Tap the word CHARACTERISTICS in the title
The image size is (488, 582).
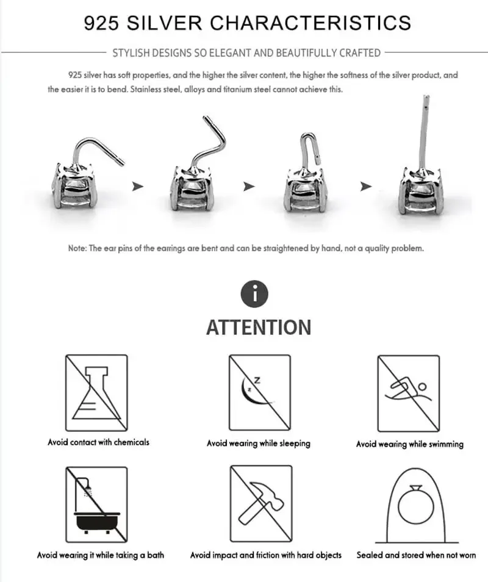pyautogui.click(x=310, y=23)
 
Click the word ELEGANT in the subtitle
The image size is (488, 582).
pyautogui.click(x=230, y=53)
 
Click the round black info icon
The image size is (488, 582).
pyautogui.click(x=255, y=295)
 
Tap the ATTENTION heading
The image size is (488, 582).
pyautogui.click(x=258, y=328)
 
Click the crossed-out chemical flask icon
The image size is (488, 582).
pyautogui.click(x=96, y=393)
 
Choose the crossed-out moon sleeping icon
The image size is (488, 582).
pyautogui.click(x=260, y=393)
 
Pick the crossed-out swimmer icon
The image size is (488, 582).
pyautogui.click(x=408, y=393)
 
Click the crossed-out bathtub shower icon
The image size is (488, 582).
pyautogui.click(x=96, y=505)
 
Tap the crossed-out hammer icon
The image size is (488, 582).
pyautogui.click(x=260, y=505)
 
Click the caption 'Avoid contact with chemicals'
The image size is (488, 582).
pyautogui.click(x=98, y=442)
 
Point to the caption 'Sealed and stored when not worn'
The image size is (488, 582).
pyautogui.click(x=416, y=555)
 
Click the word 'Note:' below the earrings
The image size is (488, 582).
pyautogui.click(x=77, y=249)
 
